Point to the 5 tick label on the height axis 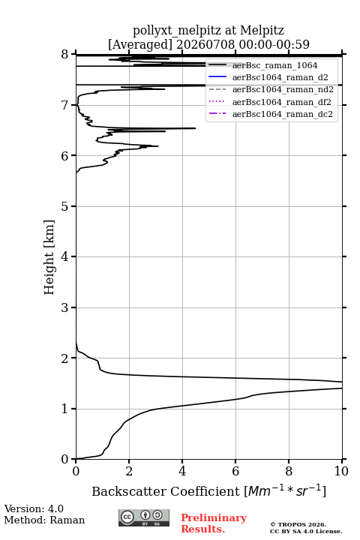pos(65,206)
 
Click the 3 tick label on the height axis pos(65,307)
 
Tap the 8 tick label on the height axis pos(65,55)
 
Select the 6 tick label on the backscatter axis pos(235,471)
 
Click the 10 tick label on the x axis pos(341,471)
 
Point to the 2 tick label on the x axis pos(129,471)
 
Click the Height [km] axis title pos(49,257)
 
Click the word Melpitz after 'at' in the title pos(262,30)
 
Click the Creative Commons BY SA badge pos(144,517)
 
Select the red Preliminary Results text pos(214,523)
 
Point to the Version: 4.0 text pos(34,508)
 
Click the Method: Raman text pos(44,520)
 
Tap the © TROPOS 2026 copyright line pos(298,524)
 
